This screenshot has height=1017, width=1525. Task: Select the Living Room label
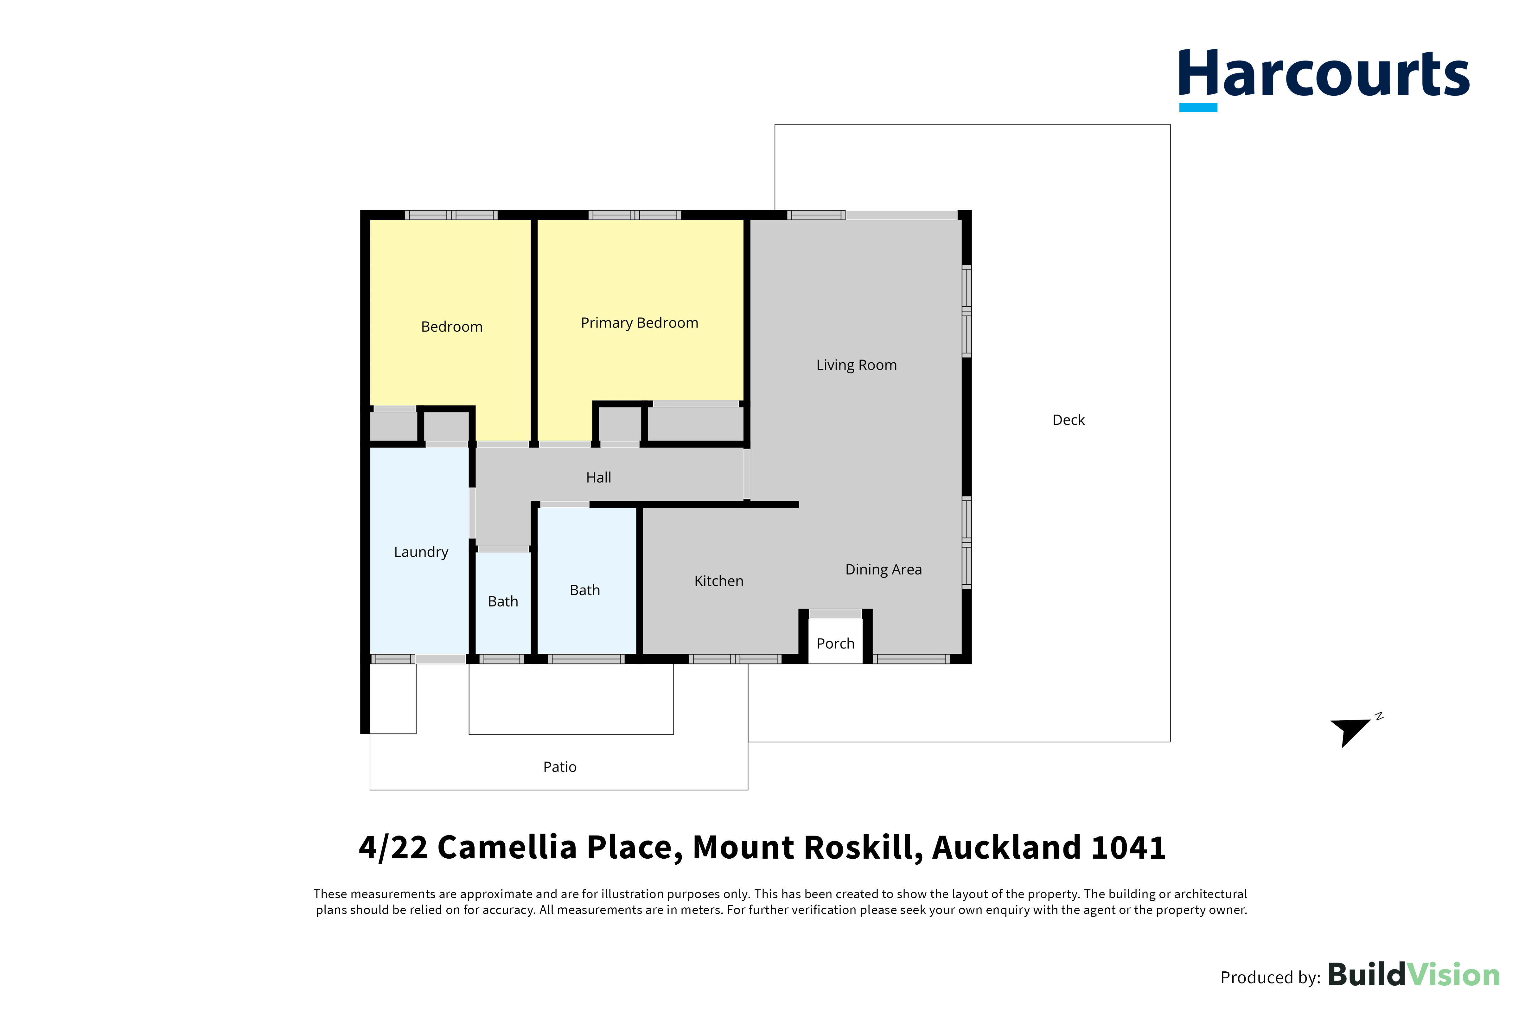click(x=856, y=365)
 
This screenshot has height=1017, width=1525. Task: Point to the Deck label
click(x=1068, y=420)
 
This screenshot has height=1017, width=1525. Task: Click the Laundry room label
click(x=421, y=552)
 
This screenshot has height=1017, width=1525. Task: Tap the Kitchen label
click(x=719, y=581)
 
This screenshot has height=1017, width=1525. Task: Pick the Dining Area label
click(x=884, y=569)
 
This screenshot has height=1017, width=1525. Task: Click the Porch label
click(x=835, y=644)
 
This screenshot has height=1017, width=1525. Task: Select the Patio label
click(x=560, y=767)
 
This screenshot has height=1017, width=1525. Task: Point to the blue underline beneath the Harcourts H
click(x=1198, y=108)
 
